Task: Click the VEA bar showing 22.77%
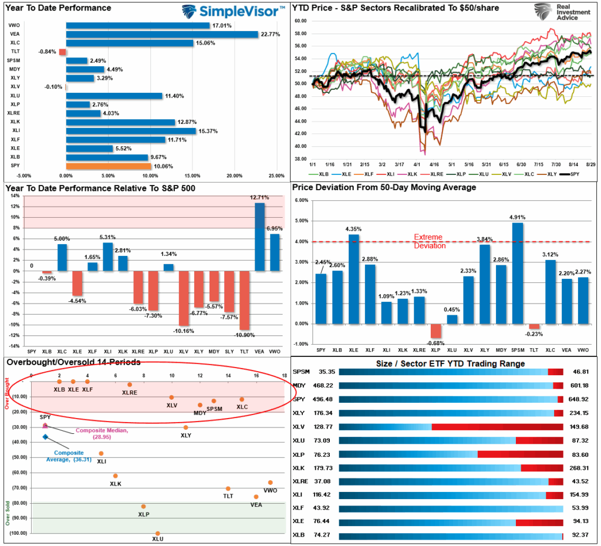click(162, 34)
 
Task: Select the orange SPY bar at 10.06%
click(109, 166)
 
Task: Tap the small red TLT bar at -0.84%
click(63, 52)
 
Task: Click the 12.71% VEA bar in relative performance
click(259, 236)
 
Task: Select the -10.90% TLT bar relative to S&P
click(244, 296)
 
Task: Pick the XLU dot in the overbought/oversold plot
click(157, 533)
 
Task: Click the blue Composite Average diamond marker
click(45, 437)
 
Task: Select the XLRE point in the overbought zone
click(130, 385)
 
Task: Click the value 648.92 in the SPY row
click(581, 399)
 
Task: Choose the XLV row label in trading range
click(300, 427)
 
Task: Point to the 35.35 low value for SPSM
click(327, 372)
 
